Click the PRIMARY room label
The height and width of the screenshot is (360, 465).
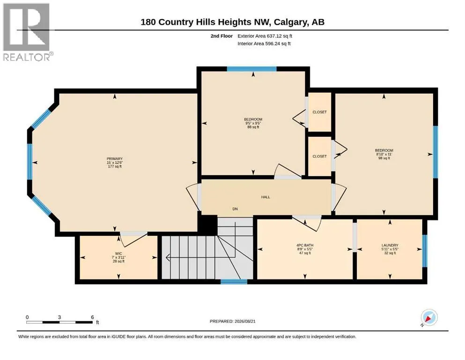pos(115,159)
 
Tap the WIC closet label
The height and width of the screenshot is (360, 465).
pos(118,254)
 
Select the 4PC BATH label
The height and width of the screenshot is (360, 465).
pos(305,246)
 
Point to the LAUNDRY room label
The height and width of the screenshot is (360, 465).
pos(390,246)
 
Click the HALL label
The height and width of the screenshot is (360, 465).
pos(266,197)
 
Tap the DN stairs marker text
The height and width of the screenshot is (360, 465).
pos(235,209)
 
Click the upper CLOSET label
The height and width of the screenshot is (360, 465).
pos(320,112)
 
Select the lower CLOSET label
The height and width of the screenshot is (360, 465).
pos(320,157)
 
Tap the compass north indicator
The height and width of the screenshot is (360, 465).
pos(429,317)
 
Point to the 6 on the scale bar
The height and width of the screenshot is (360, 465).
pos(93,317)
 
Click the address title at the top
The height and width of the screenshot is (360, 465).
pos(232,22)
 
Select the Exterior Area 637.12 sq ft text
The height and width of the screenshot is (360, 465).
pos(265,36)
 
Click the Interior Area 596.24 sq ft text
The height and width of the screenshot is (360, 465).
pos(264,44)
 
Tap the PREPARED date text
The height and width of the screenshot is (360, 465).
pos(232,321)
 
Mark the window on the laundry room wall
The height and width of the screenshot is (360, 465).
pos(425,251)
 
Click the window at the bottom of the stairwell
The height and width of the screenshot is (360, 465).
pos(234,282)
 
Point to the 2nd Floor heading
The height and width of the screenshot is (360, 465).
pos(221,36)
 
